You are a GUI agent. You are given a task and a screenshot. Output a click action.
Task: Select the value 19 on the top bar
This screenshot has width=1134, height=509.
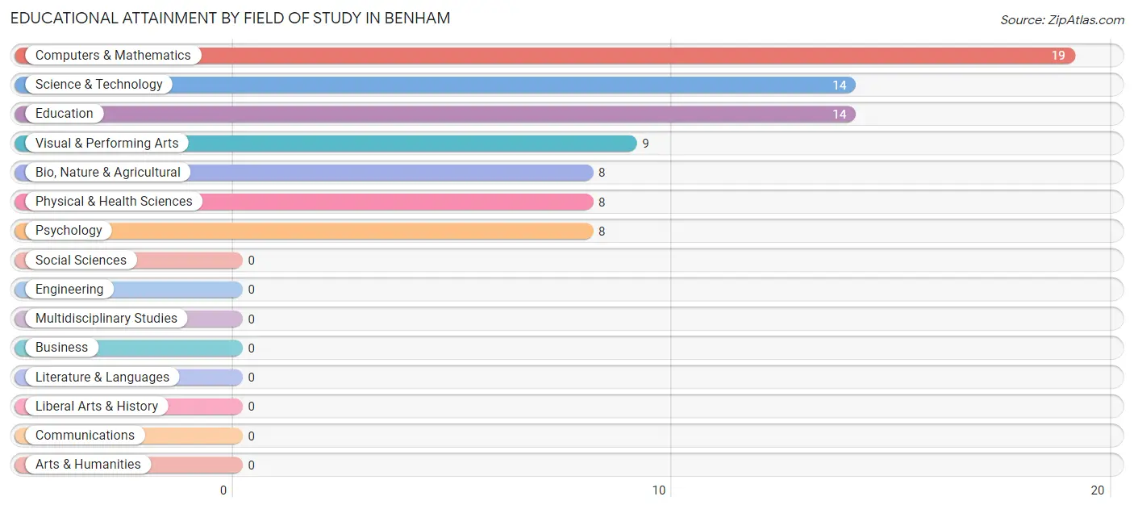(1057, 56)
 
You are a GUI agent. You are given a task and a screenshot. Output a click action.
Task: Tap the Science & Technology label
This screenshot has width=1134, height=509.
(98, 85)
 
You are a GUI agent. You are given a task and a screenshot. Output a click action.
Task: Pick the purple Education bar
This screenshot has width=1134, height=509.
(484, 114)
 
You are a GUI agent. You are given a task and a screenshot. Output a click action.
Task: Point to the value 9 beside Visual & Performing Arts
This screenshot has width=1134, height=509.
(645, 144)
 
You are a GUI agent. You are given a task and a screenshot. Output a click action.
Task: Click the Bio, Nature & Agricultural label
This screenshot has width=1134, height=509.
(107, 173)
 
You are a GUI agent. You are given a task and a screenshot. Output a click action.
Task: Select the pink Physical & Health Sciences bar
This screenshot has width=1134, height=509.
(395, 202)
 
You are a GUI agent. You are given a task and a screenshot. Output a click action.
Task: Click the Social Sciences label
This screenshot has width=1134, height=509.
(81, 261)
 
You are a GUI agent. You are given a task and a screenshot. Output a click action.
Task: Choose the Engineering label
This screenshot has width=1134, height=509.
(69, 290)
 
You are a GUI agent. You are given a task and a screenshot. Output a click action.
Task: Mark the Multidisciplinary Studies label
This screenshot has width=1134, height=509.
(106, 319)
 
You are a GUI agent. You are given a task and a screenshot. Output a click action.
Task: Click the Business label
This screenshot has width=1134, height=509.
(61, 348)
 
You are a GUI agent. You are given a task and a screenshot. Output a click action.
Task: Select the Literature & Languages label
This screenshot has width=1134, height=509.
(102, 378)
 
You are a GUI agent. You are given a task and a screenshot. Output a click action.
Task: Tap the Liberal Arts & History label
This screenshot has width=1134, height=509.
(97, 407)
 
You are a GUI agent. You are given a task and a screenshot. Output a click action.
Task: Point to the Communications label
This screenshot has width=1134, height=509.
(85, 436)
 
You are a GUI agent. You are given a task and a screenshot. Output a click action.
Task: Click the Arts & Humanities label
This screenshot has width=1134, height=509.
(88, 465)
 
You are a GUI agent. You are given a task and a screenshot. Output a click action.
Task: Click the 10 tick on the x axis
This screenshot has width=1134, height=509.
(659, 490)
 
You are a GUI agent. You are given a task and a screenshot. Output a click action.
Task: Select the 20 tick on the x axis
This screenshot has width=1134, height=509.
(1097, 490)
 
